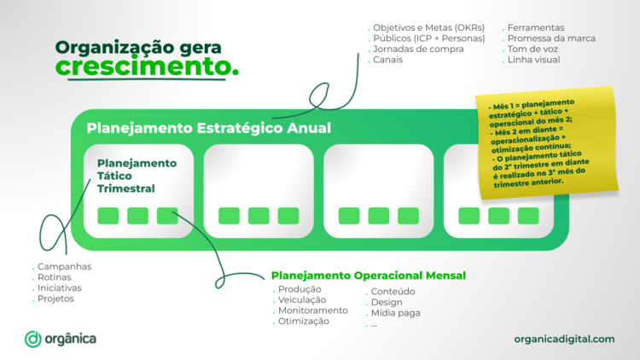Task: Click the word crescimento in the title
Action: (147, 66)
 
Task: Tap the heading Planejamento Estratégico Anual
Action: (209, 129)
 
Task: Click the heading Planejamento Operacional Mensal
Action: (369, 275)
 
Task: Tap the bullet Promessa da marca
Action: (550, 38)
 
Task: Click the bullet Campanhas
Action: (64, 266)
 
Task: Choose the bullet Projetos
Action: (55, 299)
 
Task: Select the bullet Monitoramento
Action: (312, 311)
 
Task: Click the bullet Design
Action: (386, 302)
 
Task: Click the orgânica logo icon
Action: (33, 339)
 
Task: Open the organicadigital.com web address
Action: (564, 339)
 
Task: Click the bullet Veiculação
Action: (302, 299)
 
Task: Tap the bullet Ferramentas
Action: (535, 27)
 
